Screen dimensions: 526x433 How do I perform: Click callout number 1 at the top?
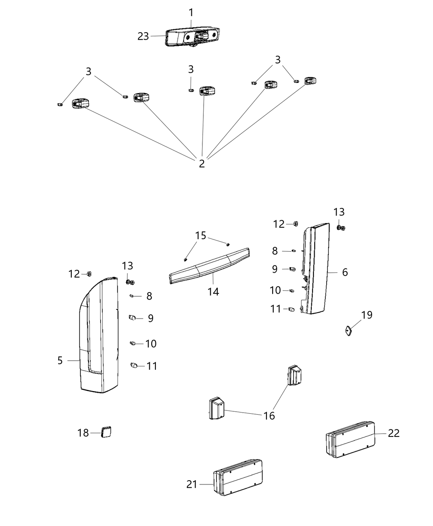(x=191, y=12)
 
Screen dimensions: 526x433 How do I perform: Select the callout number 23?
(x=143, y=36)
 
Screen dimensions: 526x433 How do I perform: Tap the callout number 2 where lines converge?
(x=202, y=164)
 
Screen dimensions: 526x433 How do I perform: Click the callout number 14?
(x=213, y=292)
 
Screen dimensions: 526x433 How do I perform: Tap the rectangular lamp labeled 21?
(x=238, y=477)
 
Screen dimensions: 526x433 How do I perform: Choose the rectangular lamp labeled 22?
(x=351, y=439)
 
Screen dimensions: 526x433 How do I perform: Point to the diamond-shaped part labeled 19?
(x=349, y=330)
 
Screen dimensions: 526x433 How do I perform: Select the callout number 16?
(x=269, y=415)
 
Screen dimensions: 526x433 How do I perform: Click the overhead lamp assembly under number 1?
(x=193, y=37)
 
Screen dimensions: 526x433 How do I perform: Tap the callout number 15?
(x=200, y=236)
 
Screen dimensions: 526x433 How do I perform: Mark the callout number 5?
(x=60, y=361)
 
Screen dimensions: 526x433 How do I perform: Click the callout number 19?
(x=367, y=315)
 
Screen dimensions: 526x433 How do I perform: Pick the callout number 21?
(x=192, y=484)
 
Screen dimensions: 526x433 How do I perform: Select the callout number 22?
(x=394, y=433)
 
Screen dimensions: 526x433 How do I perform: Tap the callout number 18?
(x=83, y=433)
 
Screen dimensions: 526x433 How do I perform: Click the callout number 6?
(x=345, y=272)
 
